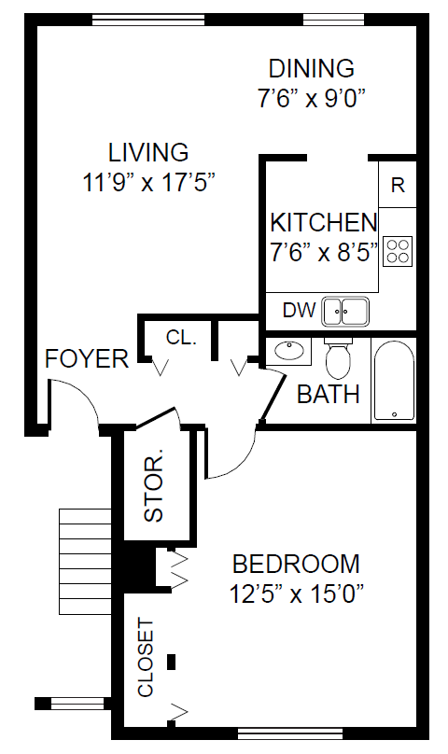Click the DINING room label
click(312, 69)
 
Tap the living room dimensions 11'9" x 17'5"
click(148, 183)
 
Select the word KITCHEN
click(323, 223)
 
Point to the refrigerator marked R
click(398, 185)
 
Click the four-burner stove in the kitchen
click(398, 251)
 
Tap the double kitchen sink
click(345, 312)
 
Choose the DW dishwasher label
click(299, 311)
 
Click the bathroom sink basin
click(289, 350)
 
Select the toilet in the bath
click(339, 357)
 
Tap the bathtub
click(394, 381)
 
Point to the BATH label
click(329, 395)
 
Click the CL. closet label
click(181, 338)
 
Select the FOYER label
click(87, 358)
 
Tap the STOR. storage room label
click(154, 485)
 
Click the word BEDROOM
click(296, 564)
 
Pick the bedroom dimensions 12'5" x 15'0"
click(296, 593)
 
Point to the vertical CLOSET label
click(146, 657)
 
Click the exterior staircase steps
click(85, 561)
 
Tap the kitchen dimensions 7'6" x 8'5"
click(323, 252)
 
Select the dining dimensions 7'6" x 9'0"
click(312, 99)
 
